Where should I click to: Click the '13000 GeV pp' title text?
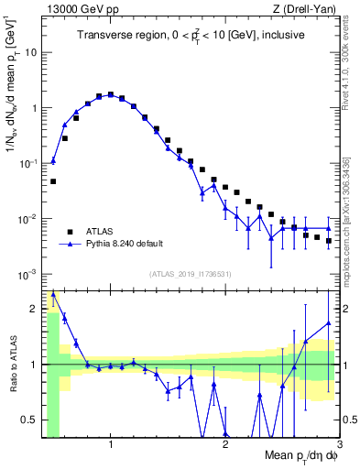(78, 7)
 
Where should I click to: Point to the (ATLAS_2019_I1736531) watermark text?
(190, 274)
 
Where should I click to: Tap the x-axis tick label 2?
(225, 445)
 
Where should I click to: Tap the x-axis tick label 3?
(339, 445)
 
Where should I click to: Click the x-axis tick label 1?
(111, 445)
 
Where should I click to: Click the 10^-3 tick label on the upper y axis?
(27, 275)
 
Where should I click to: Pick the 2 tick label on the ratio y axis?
(35, 308)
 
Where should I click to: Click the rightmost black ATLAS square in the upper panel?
(328, 241)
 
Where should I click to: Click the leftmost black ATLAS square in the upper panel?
(53, 181)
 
